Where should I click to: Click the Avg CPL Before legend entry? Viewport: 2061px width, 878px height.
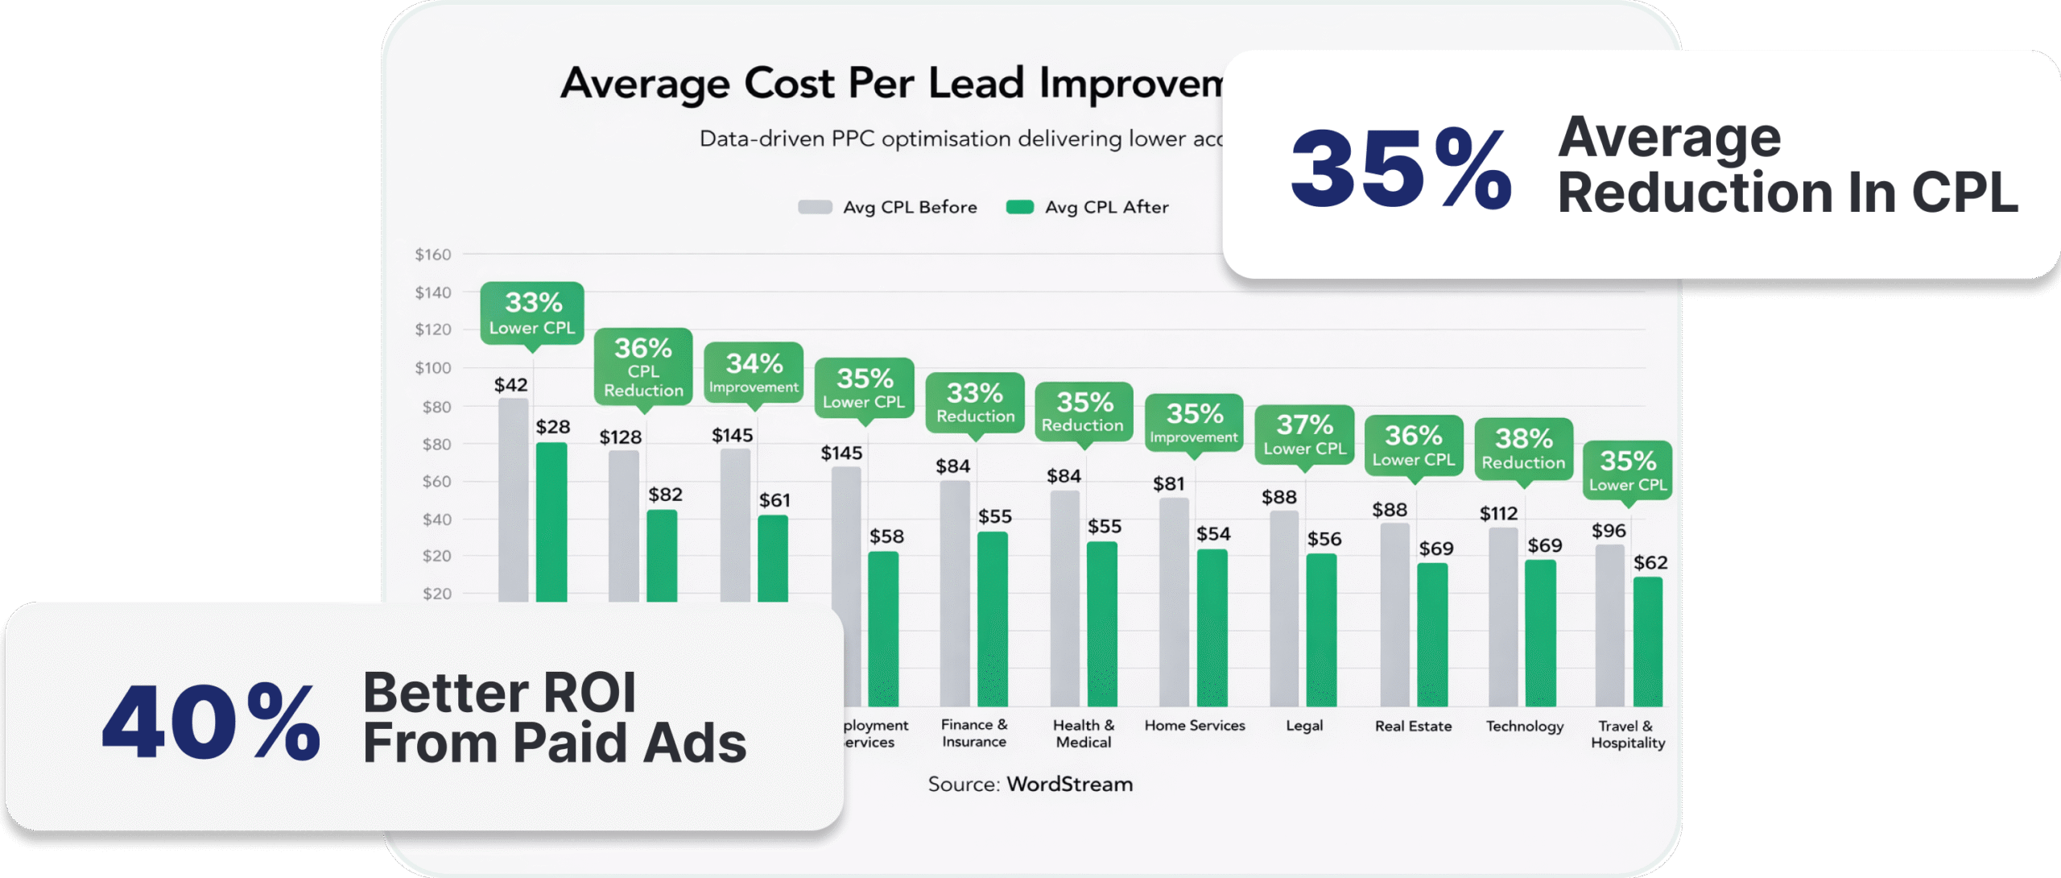coord(887,207)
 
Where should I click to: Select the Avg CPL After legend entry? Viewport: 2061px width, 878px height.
coord(1088,207)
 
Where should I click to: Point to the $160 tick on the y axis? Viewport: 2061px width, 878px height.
coord(433,255)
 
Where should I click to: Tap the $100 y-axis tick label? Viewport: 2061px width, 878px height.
coord(433,368)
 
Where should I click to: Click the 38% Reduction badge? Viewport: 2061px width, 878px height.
coord(1523,449)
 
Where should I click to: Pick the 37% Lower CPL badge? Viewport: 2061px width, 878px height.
coord(1304,434)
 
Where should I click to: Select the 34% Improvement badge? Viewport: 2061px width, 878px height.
coord(754,372)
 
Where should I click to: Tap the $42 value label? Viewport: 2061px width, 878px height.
coord(511,385)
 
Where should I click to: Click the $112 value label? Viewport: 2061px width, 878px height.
coord(1498,513)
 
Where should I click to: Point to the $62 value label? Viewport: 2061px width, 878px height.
coord(1650,562)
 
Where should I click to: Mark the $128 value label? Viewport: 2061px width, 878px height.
coord(621,437)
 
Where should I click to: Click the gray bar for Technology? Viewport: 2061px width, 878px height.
coord(1503,617)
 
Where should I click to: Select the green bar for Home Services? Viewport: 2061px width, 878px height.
coord(1212,627)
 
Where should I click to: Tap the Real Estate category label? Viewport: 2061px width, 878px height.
coord(1413,726)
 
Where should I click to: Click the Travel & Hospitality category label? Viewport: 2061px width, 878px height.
coord(1628,735)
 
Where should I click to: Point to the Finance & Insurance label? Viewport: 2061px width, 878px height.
coord(974,733)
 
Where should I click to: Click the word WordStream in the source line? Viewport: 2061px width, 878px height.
coord(1070,784)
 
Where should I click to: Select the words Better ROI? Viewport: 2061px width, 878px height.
coord(499,692)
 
